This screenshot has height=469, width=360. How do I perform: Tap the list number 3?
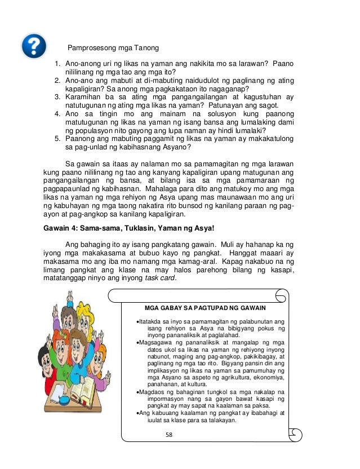pos(57,97)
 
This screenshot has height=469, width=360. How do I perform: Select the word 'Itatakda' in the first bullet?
pos(153,321)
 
